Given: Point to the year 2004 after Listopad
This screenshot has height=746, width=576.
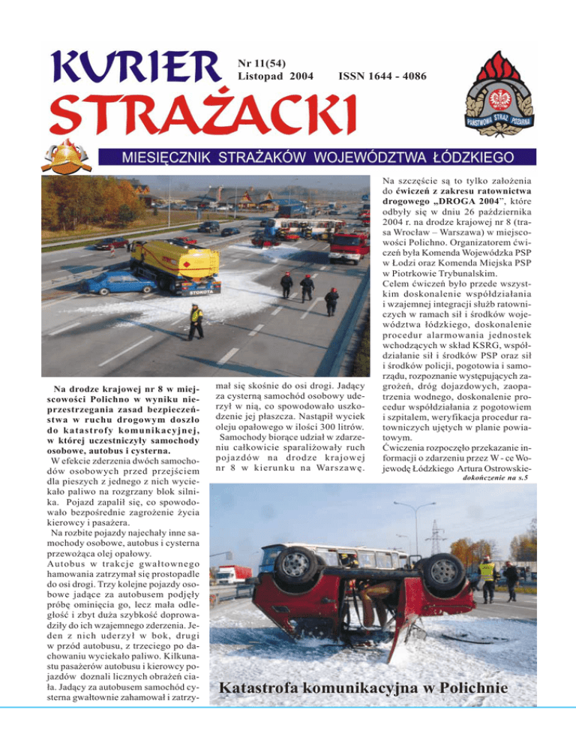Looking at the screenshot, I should pos(298,76).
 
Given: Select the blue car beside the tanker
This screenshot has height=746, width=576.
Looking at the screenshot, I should pos(120,282).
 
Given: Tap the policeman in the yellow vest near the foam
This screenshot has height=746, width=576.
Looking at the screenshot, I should pos(196,320).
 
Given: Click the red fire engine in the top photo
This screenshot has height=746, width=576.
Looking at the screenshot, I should pos(349,245).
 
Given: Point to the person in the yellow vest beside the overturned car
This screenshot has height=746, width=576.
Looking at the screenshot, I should pos(487,578).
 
